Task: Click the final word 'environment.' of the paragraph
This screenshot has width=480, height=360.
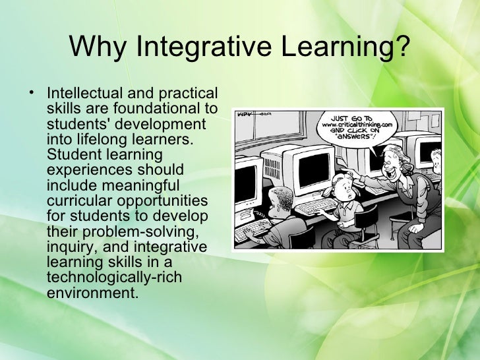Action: tap(93, 291)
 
